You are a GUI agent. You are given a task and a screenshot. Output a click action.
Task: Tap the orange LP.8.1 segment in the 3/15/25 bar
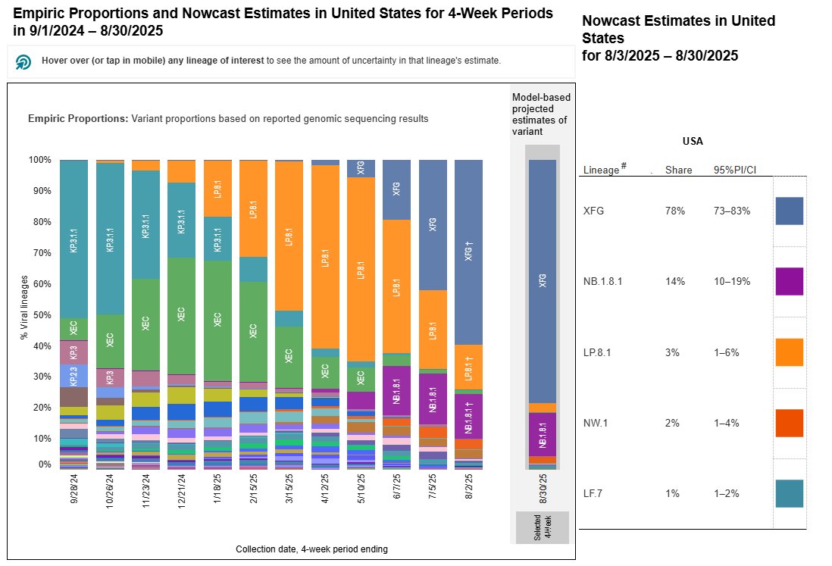(x=289, y=236)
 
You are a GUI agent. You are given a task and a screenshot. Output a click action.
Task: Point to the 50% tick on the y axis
(x=39, y=315)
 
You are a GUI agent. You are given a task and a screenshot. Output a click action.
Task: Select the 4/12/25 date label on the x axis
(x=325, y=491)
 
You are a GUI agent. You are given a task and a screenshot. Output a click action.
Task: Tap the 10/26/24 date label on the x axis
(x=110, y=491)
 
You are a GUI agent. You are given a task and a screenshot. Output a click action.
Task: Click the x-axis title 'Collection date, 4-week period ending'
(x=311, y=549)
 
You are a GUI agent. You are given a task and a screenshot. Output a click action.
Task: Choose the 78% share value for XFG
(x=675, y=211)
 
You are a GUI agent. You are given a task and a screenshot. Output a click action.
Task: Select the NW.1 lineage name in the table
(x=595, y=423)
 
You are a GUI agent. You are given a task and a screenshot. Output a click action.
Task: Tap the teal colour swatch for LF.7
(x=789, y=493)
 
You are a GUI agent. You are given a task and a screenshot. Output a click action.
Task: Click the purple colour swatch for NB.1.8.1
(x=789, y=281)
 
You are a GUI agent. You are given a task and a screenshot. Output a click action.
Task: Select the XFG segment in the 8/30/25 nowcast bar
(x=542, y=280)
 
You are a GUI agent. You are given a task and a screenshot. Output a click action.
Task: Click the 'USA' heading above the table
(x=693, y=141)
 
